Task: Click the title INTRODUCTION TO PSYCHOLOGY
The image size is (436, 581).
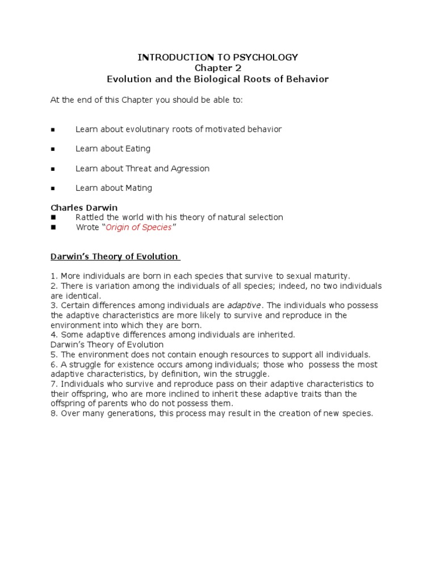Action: [218, 57]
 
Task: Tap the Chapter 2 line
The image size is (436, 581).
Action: [218, 68]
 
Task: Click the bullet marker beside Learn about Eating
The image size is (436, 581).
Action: [53, 149]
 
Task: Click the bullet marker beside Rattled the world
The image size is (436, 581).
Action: [53, 217]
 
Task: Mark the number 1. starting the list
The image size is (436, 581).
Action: [53, 276]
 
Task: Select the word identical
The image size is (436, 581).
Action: [84, 296]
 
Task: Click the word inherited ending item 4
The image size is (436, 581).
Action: [276, 335]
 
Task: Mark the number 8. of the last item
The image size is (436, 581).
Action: [53, 413]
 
